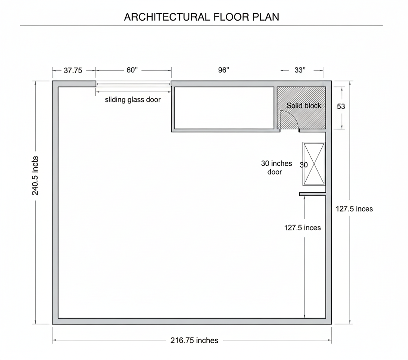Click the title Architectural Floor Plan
click(201, 17)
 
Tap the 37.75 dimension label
click(73, 70)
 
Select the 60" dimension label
click(132, 70)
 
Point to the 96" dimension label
click(224, 70)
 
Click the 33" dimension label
click(300, 70)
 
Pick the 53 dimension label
click(341, 106)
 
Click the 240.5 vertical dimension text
click(35, 175)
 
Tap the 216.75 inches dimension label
click(194, 340)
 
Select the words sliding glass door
click(133, 100)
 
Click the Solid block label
click(304, 106)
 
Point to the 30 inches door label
click(276, 168)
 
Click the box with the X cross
click(314, 164)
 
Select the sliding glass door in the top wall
click(133, 84)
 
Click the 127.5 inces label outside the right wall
click(354, 209)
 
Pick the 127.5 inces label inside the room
click(302, 228)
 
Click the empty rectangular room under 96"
click(224, 108)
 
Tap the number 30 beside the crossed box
click(304, 165)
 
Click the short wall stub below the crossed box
click(312, 194)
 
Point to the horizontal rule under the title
click(201, 26)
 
